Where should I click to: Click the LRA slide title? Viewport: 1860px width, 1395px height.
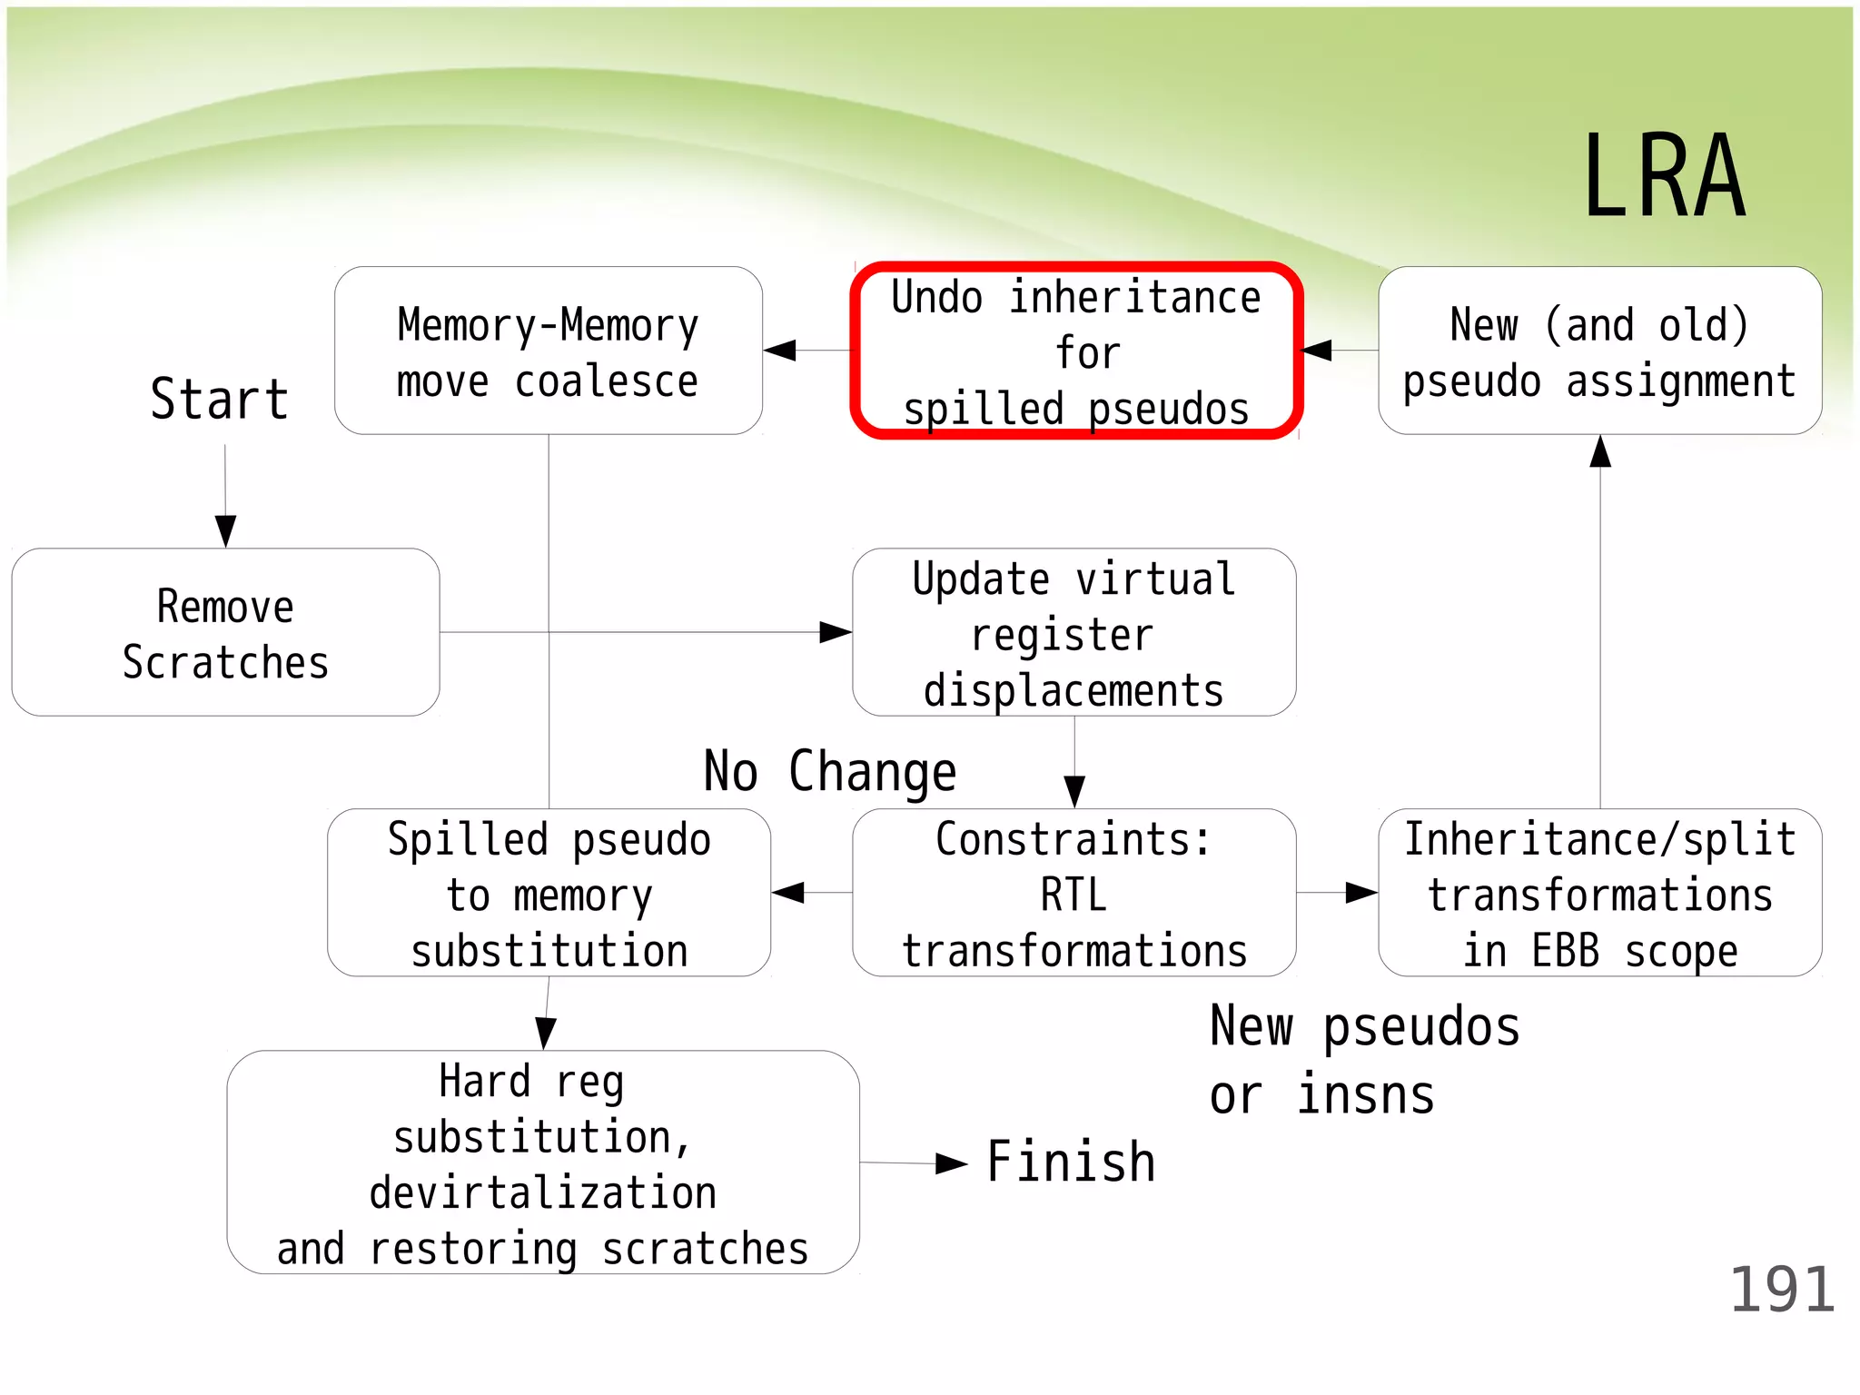(x=1664, y=176)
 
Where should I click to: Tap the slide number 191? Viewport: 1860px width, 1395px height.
(x=1781, y=1290)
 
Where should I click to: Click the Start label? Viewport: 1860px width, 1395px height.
(x=220, y=399)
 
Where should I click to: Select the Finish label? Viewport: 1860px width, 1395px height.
(x=1071, y=1162)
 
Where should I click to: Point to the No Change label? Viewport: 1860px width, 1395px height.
(x=830, y=772)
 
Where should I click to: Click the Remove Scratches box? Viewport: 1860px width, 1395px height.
(x=225, y=633)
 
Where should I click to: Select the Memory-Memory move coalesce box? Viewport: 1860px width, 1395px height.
(x=548, y=351)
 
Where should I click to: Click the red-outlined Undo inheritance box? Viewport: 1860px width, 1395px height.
(x=1076, y=351)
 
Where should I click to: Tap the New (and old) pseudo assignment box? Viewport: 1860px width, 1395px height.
(x=1599, y=351)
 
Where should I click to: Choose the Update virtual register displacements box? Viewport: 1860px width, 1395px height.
(x=1073, y=633)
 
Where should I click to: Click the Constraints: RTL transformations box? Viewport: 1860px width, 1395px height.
(x=1073, y=894)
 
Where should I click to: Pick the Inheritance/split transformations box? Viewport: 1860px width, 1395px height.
(x=1599, y=894)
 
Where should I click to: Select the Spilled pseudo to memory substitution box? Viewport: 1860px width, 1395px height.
(x=549, y=894)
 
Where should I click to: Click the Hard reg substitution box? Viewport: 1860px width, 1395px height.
(x=542, y=1162)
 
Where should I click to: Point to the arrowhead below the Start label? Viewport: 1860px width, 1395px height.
(x=225, y=530)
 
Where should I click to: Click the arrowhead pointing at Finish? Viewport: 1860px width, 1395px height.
(x=951, y=1163)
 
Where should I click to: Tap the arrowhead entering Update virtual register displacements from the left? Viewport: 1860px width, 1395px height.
(x=836, y=632)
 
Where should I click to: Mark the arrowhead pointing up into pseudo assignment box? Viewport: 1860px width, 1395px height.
(x=1600, y=452)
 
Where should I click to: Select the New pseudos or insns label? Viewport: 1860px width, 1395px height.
(x=1364, y=1061)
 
